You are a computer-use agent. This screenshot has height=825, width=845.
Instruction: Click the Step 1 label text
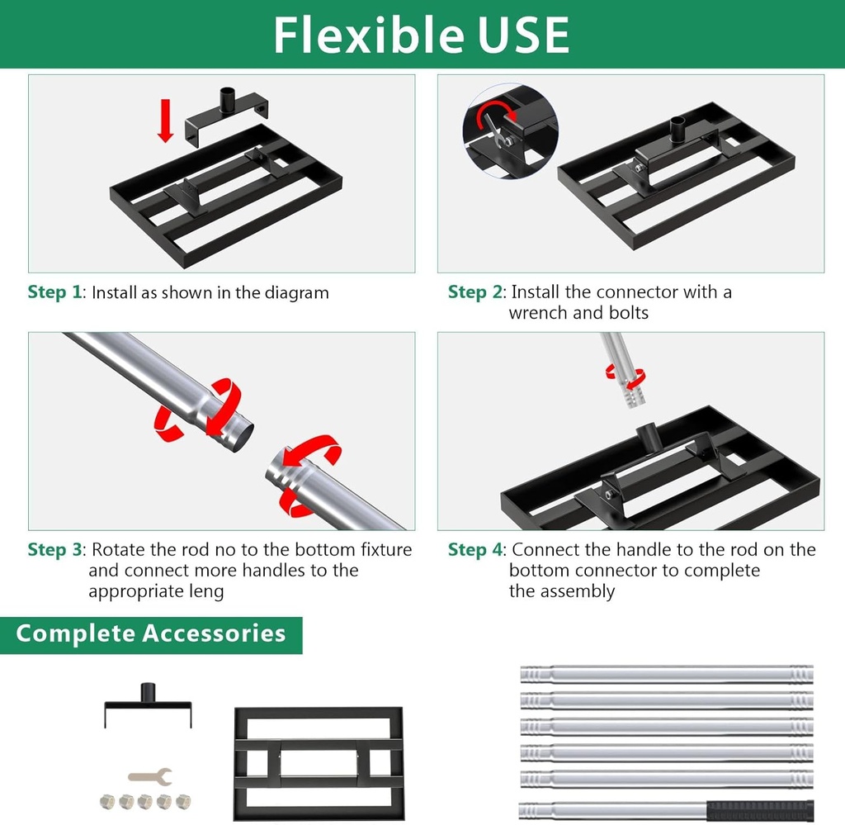55,292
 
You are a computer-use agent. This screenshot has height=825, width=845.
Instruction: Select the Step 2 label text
476,292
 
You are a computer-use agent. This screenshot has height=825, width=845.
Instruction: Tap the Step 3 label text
55,550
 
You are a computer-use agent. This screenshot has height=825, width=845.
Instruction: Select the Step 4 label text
476,550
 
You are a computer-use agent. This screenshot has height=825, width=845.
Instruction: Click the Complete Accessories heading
151,633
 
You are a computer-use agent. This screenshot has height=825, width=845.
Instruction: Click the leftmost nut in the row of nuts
107,800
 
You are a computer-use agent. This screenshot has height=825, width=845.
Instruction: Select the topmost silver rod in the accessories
667,674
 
